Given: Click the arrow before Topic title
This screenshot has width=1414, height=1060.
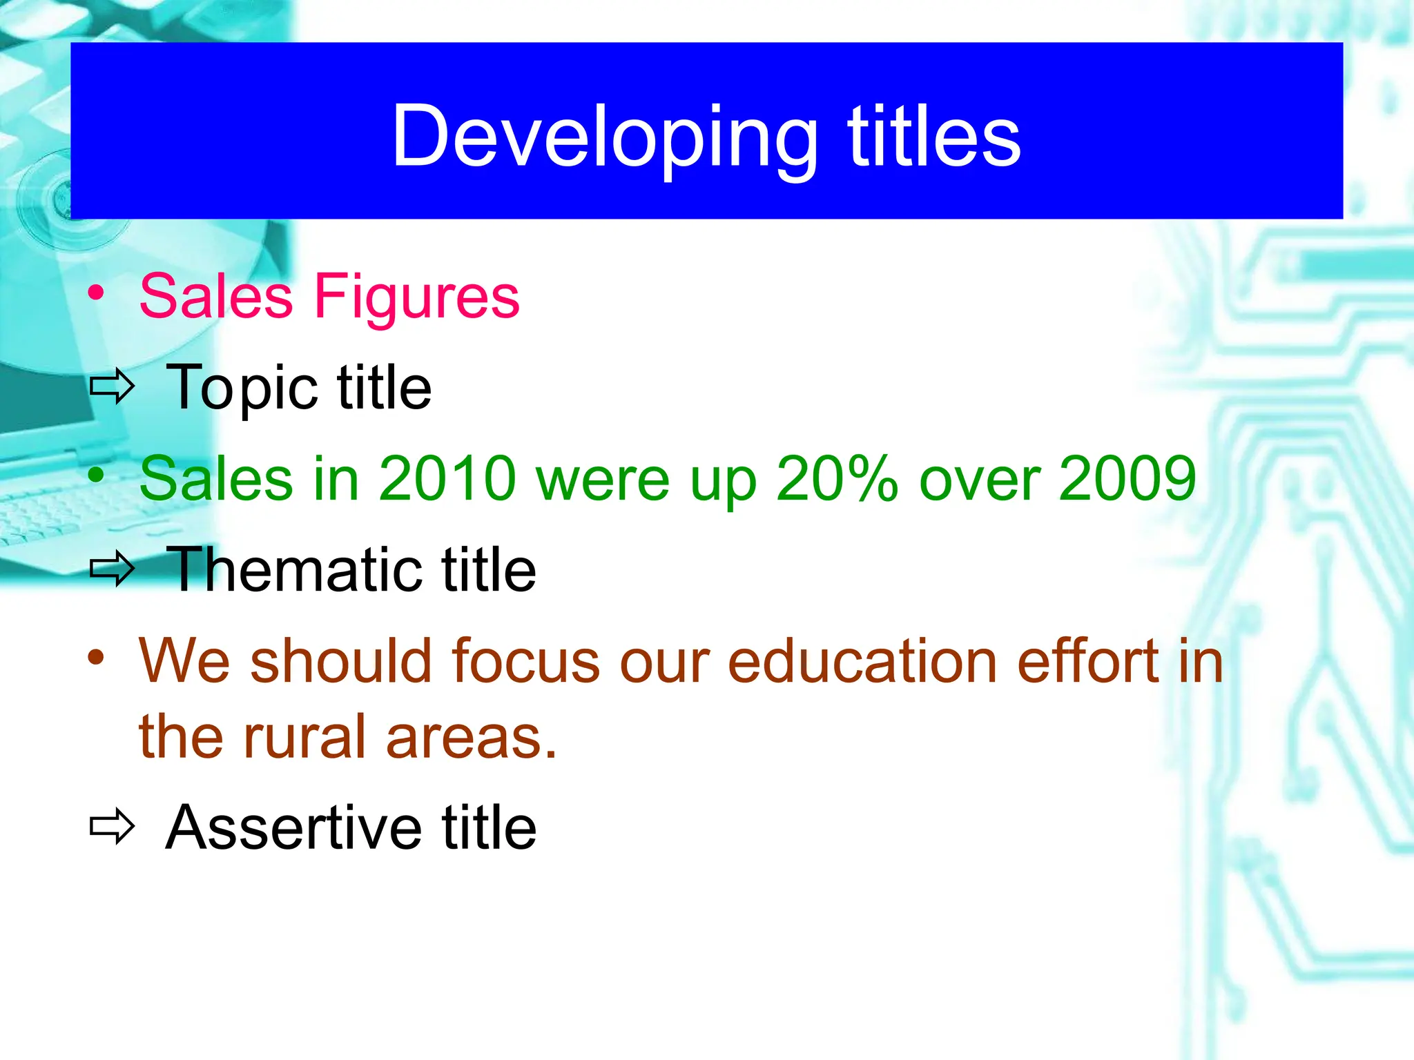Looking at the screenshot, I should [x=112, y=388].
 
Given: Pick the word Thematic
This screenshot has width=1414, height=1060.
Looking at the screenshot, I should [x=293, y=570].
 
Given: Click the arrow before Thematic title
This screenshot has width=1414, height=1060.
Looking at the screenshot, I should [x=112, y=569].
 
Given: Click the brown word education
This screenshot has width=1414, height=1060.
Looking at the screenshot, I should [x=862, y=661].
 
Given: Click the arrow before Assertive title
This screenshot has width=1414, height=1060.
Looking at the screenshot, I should [x=112, y=826].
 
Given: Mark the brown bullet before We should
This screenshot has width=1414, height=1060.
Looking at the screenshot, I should [x=96, y=657].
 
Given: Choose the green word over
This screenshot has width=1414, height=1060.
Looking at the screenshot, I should [x=978, y=480].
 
